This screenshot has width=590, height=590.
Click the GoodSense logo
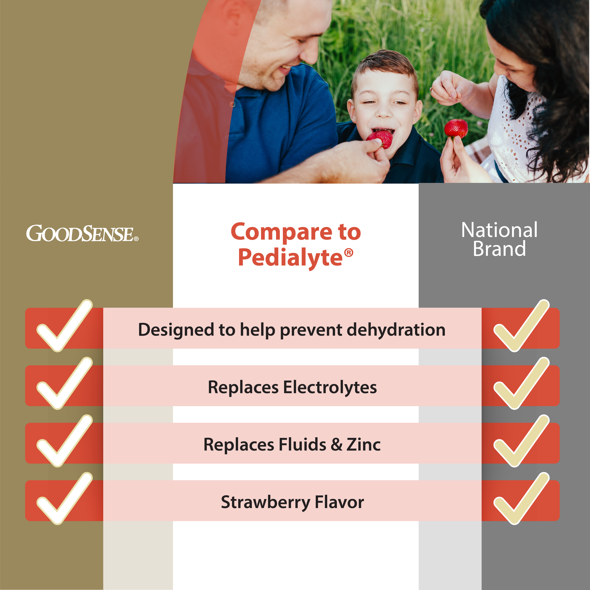[82, 234]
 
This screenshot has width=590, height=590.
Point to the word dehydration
[396, 330]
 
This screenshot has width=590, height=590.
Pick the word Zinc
[363, 445]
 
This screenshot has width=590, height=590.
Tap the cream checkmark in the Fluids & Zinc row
[522, 441]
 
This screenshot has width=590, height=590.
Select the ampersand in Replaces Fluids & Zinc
[337, 445]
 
